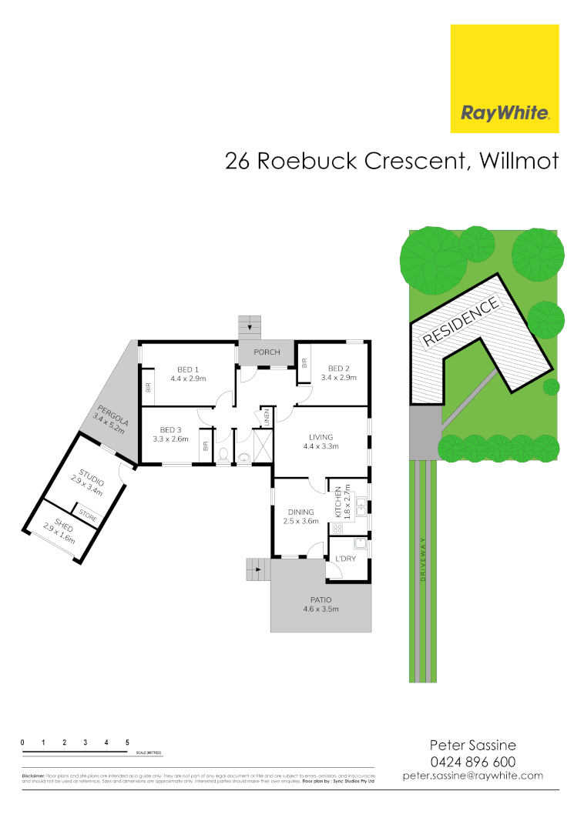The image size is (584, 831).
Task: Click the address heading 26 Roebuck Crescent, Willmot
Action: click(x=391, y=161)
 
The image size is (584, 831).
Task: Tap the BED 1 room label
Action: click(x=184, y=369)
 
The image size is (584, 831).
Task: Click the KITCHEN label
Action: click(x=337, y=501)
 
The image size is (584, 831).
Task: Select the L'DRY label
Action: click(x=345, y=559)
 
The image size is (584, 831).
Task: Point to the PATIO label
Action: click(x=321, y=599)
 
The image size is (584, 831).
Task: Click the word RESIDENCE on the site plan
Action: click(x=459, y=320)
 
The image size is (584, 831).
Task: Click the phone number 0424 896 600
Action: click(x=472, y=761)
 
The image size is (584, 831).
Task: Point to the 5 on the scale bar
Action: click(x=126, y=742)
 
